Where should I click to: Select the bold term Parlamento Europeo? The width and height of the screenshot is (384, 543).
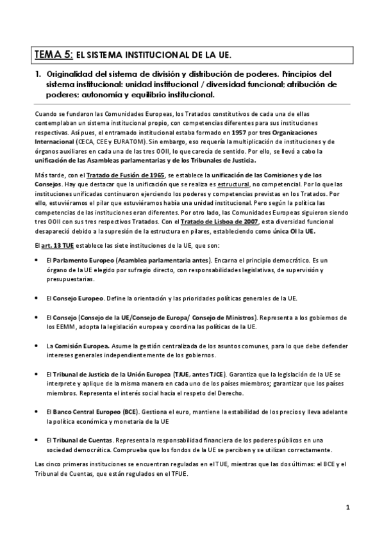(x=83, y=261)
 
